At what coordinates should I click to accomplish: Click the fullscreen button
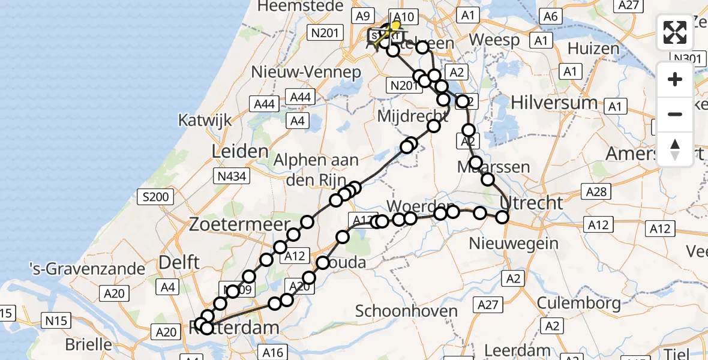click(675, 32)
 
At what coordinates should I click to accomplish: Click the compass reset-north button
click(675, 149)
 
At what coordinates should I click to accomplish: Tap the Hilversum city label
click(554, 103)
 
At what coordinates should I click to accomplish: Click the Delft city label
click(179, 262)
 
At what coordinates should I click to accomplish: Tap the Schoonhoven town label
click(406, 311)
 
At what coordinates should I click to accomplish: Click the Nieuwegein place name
click(514, 244)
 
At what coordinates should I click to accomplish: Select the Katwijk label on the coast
click(205, 120)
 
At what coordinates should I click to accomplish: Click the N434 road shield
click(231, 176)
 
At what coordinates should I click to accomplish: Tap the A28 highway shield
click(596, 192)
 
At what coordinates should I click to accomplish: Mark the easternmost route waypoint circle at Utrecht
click(502, 218)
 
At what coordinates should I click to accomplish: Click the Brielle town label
click(89, 345)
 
